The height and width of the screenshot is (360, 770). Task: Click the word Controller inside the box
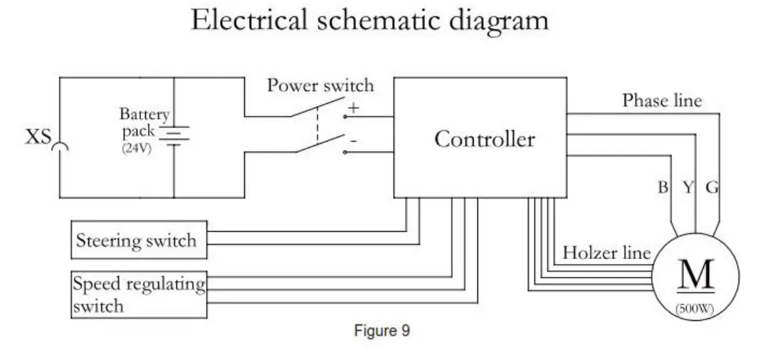point(484,139)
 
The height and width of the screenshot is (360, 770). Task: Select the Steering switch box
point(139,240)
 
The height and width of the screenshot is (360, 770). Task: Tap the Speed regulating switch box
point(139,295)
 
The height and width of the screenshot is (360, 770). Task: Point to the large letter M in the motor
point(696,275)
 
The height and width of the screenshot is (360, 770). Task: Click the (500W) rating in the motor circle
point(695,309)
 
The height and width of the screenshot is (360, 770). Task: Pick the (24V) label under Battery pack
point(137,148)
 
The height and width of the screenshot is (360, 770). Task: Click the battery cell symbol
point(174,136)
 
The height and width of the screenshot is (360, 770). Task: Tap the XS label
point(38,137)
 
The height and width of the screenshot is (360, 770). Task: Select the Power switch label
point(320,86)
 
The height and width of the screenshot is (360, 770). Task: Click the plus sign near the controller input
point(353,107)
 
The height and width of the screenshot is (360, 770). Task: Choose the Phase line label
point(662,101)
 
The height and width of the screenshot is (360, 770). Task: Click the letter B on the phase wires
point(663,187)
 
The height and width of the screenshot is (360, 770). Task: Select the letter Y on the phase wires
point(687,187)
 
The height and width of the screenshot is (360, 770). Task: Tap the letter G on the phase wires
point(712,187)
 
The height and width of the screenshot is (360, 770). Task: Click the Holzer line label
point(606,253)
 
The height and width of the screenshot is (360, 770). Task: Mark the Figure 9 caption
point(381,331)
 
